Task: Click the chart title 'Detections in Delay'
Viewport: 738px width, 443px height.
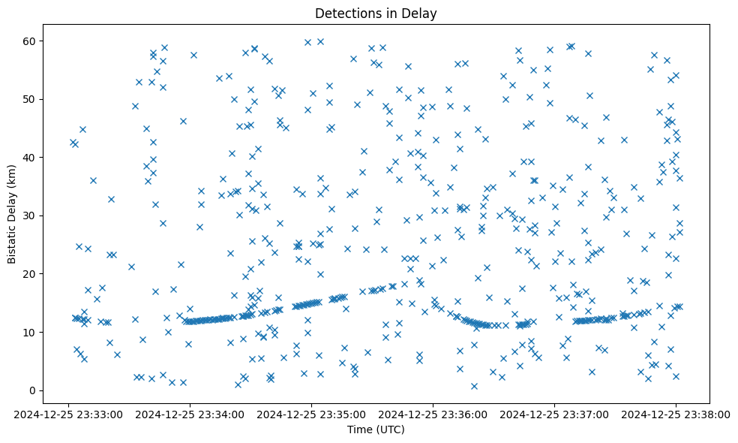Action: [x=376, y=14]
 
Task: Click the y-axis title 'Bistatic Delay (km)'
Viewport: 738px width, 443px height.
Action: [x=12, y=214]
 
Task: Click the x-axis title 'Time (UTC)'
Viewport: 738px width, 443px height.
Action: [x=376, y=429]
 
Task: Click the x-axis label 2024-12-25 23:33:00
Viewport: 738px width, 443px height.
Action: [x=68, y=414]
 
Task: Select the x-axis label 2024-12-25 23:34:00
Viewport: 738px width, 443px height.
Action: [x=190, y=414]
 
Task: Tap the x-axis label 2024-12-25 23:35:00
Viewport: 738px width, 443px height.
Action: [x=311, y=414]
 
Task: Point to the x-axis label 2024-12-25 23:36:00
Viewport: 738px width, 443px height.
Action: [x=433, y=414]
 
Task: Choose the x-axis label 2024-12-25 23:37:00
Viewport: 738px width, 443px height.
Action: [x=554, y=414]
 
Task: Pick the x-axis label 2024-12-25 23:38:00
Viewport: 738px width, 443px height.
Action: [x=676, y=414]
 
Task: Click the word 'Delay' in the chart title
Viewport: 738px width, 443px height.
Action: [x=421, y=14]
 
